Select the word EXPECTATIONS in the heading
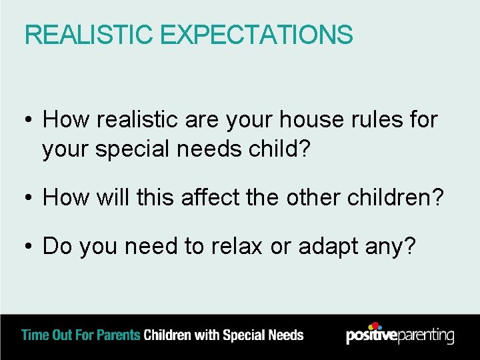click(255, 35)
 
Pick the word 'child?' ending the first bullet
click(279, 149)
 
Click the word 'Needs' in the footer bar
click(285, 335)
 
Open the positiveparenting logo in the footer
click(399, 335)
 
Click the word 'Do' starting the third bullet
click(57, 246)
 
